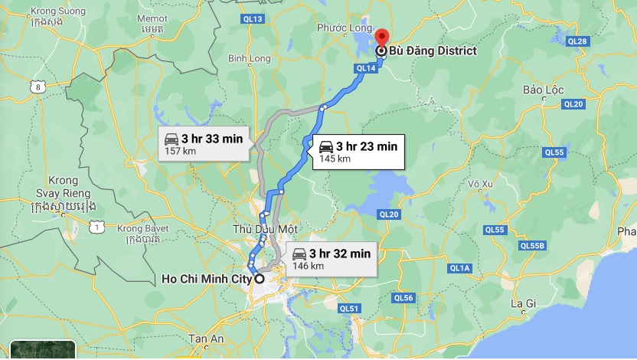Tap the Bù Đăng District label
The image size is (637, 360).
433,51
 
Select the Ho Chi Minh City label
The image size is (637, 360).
207,280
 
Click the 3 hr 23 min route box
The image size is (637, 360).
357,151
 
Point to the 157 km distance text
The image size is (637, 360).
175,152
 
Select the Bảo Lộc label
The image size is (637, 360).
544,90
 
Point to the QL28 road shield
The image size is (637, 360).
579,41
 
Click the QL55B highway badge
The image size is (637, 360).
531,246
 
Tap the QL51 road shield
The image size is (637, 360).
349,309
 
